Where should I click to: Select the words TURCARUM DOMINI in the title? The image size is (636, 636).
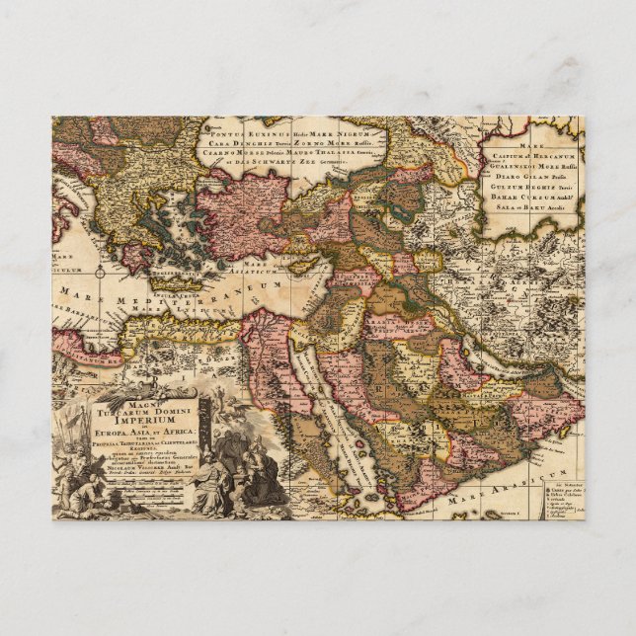148,405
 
